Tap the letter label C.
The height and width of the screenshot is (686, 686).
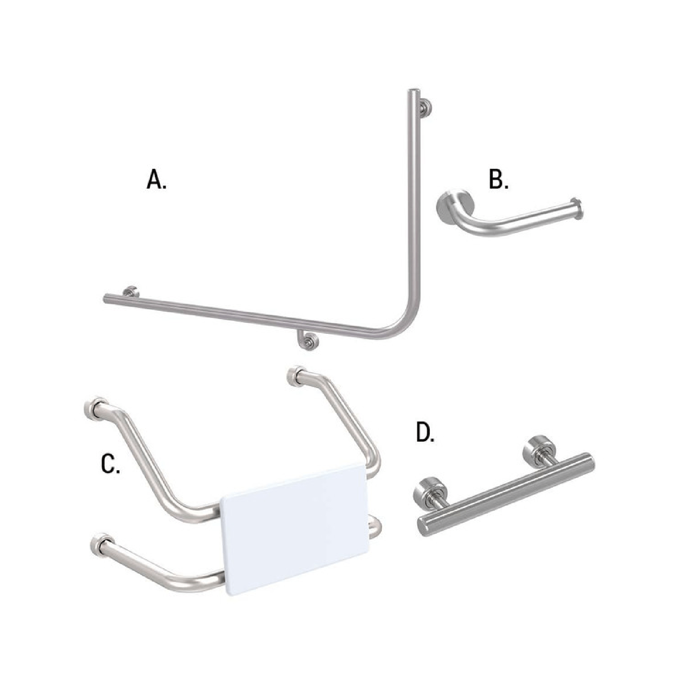(x=110, y=464)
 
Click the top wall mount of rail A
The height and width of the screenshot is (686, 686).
(x=425, y=108)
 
